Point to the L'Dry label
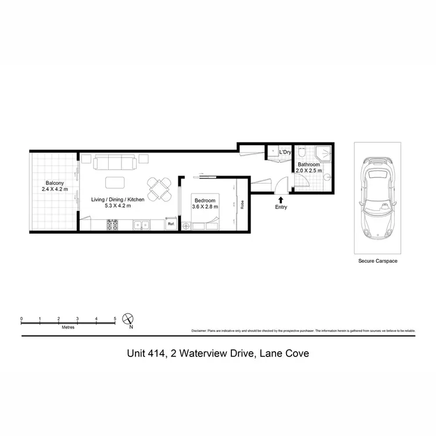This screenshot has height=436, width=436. point(285,152)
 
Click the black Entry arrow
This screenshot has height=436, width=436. point(282,200)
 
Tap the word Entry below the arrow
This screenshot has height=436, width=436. point(282,207)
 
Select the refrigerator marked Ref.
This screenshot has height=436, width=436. point(171,224)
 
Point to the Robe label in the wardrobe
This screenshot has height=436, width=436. point(241,205)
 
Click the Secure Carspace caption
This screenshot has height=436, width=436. point(378,262)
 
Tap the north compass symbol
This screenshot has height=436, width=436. point(129,319)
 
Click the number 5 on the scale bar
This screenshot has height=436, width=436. point(115,319)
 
